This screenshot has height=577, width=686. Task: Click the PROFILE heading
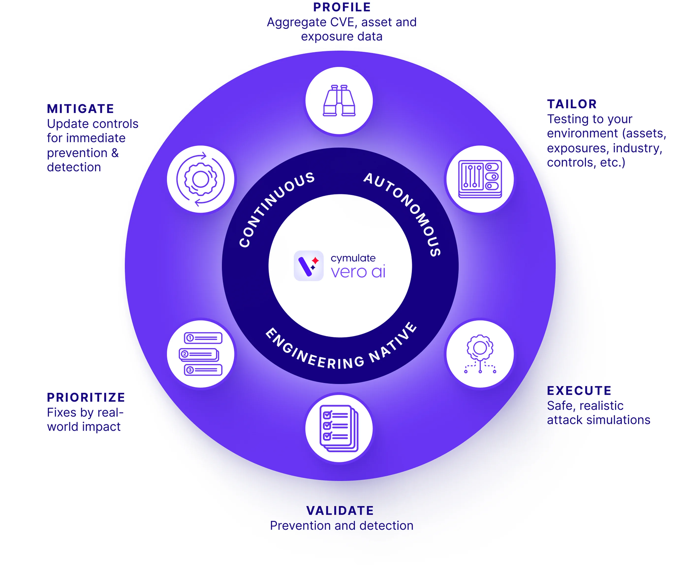[x=342, y=7]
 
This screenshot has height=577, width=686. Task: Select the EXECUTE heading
[x=579, y=390]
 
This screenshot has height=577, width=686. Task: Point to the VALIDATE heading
[x=340, y=511]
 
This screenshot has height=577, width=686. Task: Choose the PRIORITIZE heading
[x=86, y=397]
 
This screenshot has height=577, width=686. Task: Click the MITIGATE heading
[x=80, y=109]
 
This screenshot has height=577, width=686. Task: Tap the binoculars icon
[x=339, y=101]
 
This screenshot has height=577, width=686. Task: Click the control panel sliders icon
[x=480, y=179]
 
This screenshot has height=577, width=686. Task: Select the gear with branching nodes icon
[x=480, y=354]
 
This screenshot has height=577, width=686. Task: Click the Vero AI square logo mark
[x=309, y=266]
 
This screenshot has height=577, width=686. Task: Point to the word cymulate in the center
[x=353, y=258]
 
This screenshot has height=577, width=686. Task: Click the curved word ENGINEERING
[x=314, y=351]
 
